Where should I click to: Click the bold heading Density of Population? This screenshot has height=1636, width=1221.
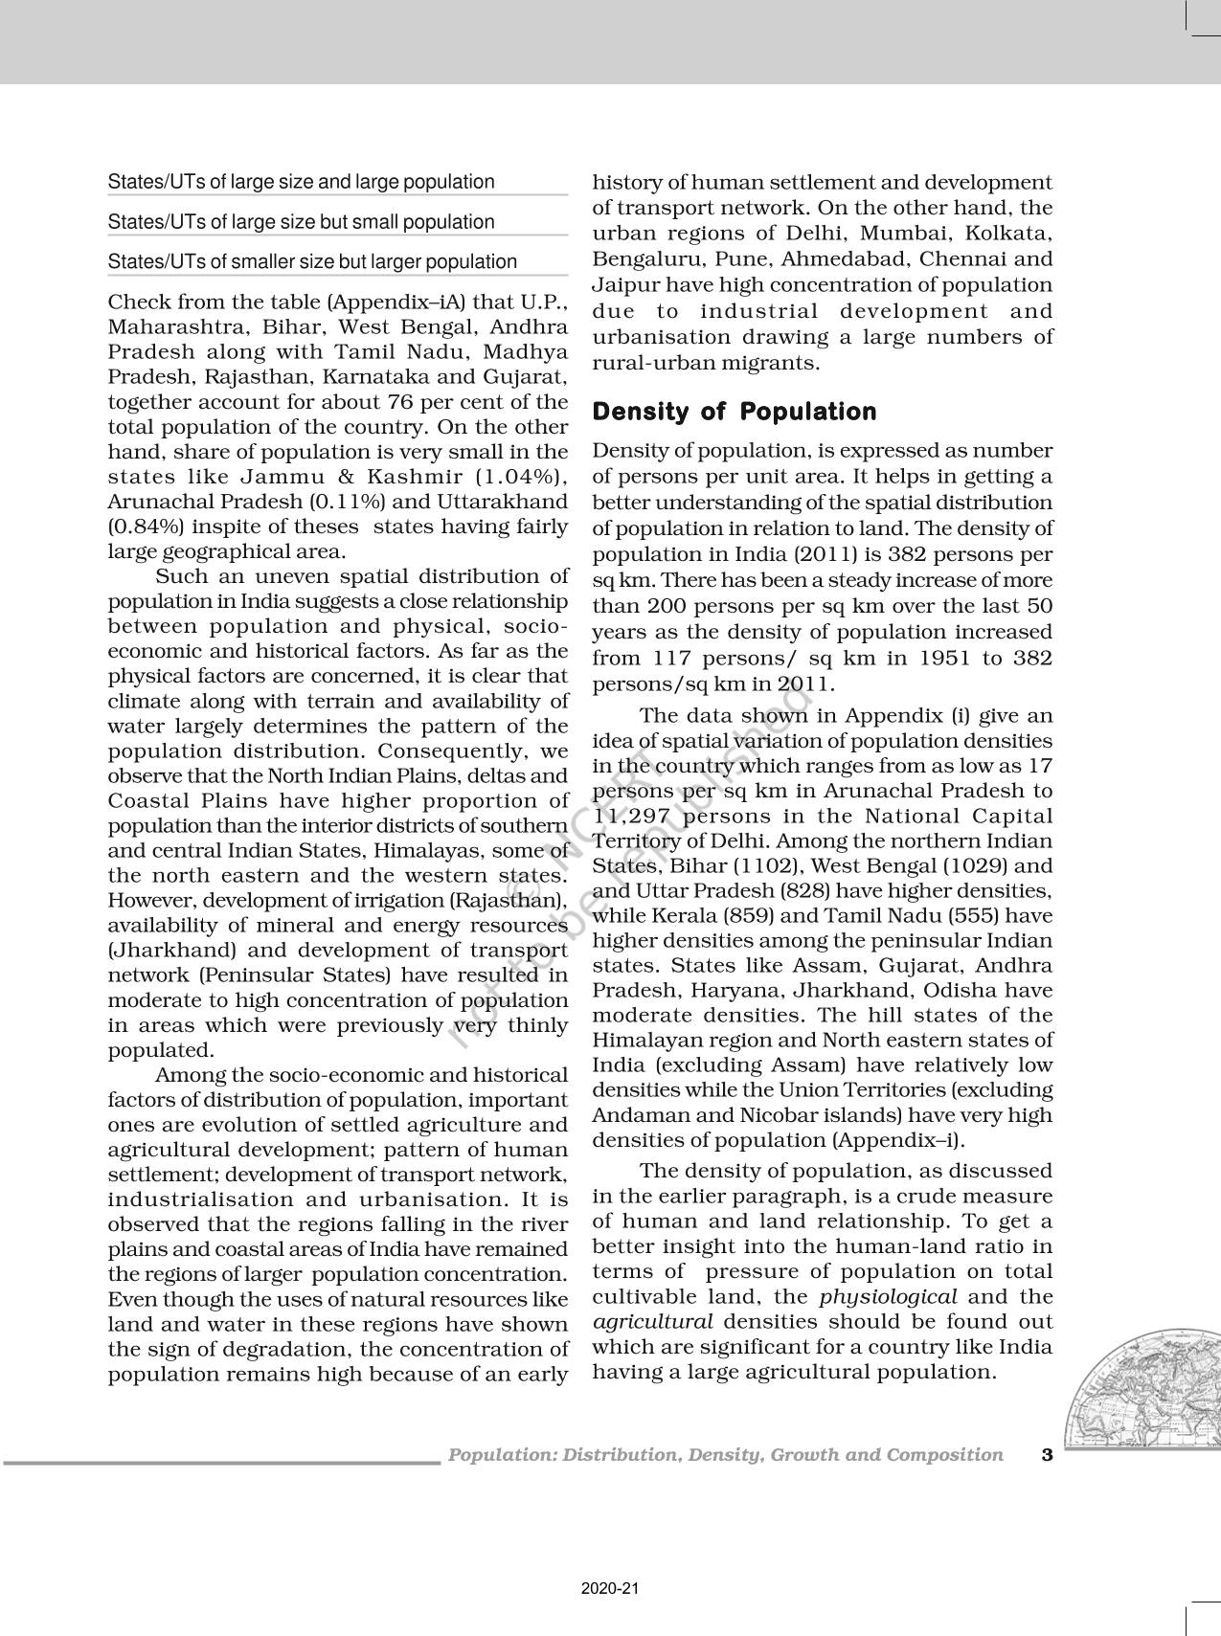(x=734, y=412)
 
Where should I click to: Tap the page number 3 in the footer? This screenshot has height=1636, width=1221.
(x=1046, y=1455)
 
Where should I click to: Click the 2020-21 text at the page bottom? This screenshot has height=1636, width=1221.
(x=609, y=1588)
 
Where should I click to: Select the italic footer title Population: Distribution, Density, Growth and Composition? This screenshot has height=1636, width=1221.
(x=726, y=1455)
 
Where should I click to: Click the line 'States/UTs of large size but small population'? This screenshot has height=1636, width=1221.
(x=301, y=222)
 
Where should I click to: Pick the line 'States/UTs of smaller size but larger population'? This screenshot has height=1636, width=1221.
(x=312, y=261)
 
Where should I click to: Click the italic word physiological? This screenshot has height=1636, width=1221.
(x=888, y=1297)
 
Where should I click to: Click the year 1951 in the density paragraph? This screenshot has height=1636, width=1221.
(x=946, y=658)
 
